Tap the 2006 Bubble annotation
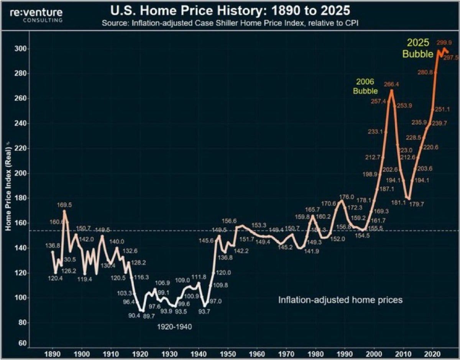pyautogui.click(x=365, y=86)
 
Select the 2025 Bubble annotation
pyautogui.click(x=417, y=48)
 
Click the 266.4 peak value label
pyautogui.click(x=391, y=84)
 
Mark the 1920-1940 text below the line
pyautogui.click(x=174, y=327)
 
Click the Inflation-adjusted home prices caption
pyautogui.click(x=340, y=299)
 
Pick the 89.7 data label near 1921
pyautogui.click(x=149, y=315)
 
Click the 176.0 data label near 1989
pyautogui.click(x=347, y=197)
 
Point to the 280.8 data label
pyautogui.click(x=425, y=72)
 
